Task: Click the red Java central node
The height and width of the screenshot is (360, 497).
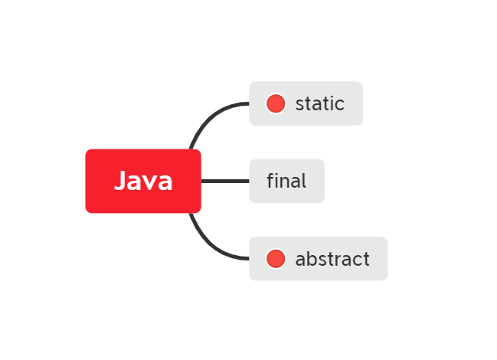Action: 143,181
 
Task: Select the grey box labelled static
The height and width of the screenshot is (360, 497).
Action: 306,103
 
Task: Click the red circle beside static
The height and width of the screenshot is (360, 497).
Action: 276,103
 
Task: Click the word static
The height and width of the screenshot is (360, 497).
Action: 319,103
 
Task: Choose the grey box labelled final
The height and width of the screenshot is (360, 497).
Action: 286,181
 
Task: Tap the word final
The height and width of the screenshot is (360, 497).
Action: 286,181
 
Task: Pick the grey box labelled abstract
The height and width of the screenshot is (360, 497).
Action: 318,259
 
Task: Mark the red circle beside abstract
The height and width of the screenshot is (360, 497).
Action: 276,259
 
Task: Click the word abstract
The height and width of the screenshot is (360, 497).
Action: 332,259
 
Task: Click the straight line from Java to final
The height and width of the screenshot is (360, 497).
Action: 225,181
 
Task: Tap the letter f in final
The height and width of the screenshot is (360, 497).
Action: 270,181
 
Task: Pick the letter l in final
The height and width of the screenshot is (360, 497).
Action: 303,181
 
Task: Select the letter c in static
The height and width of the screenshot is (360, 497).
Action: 339,104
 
